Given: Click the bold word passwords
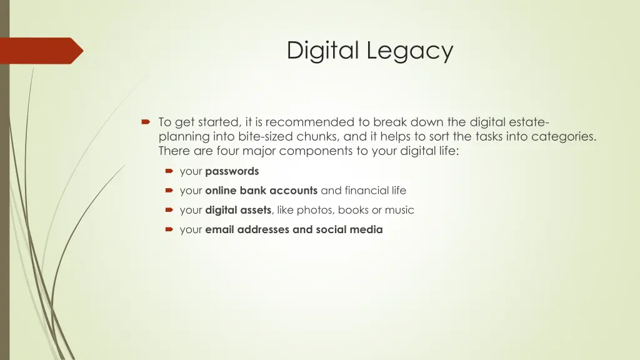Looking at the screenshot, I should tap(232, 171).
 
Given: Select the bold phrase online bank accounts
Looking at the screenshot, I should tap(261, 191).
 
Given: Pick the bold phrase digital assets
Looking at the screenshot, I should tap(237, 210).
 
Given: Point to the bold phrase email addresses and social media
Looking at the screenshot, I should tap(294, 229).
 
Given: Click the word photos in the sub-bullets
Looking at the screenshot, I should tap(317, 210).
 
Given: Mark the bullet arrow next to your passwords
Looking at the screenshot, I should tap(169, 171).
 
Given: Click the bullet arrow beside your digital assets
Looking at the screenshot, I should tap(169, 210).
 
